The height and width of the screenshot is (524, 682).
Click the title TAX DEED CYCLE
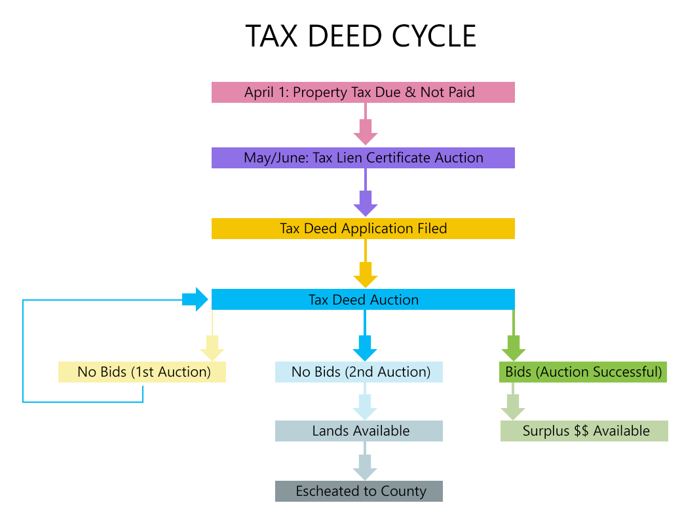tap(360, 36)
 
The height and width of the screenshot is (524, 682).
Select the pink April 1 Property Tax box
tap(363, 92)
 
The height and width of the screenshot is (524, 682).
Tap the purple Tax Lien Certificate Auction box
tap(363, 158)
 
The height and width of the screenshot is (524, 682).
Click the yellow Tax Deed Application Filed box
tap(363, 229)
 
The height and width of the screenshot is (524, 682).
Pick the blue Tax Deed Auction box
tap(363, 300)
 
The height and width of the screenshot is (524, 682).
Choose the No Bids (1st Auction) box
tap(142, 372)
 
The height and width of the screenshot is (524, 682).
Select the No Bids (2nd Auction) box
tap(359, 372)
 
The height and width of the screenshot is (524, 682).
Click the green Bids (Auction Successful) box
tap(582, 372)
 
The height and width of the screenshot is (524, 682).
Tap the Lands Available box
tap(359, 431)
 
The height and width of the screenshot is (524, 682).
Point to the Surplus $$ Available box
tap(584, 431)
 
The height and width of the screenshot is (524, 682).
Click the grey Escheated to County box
tap(359, 491)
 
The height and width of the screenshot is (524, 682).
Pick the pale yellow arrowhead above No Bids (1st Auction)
tap(212, 350)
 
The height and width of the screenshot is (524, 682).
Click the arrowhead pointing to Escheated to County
tap(365, 470)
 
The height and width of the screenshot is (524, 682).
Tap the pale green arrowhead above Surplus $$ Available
tap(513, 411)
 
